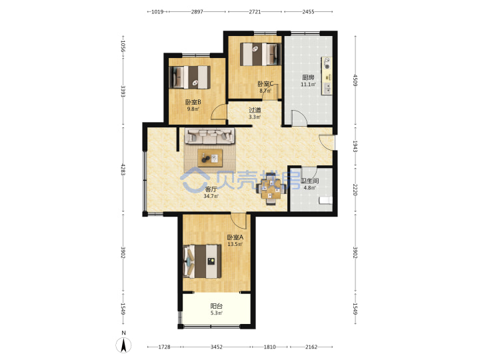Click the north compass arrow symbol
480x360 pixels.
tap(123, 345)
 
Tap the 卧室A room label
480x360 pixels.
tap(235, 237)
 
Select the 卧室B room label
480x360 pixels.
tap(193, 102)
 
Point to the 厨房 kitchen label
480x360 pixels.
tap(308, 77)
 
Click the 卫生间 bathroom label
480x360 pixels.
tap(310, 181)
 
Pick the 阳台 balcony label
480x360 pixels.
tap(217, 306)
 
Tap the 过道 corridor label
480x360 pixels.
tap(255, 110)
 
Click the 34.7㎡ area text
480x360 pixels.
tap(211, 196)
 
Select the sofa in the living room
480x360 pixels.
tap(210, 136)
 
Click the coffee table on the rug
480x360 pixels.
tap(210, 158)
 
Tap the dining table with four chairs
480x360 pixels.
tap(271, 189)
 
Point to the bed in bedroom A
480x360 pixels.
tap(203, 261)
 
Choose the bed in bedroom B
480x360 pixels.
tap(190, 77)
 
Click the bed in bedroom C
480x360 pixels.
tap(260, 54)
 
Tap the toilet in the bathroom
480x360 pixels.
tap(325, 201)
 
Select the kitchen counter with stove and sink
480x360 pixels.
tap(327, 75)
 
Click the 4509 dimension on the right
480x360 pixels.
tap(355, 80)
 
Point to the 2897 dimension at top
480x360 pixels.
tap(197, 11)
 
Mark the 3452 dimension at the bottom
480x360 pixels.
tap(217, 347)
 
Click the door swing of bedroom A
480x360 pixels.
tap(239, 221)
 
